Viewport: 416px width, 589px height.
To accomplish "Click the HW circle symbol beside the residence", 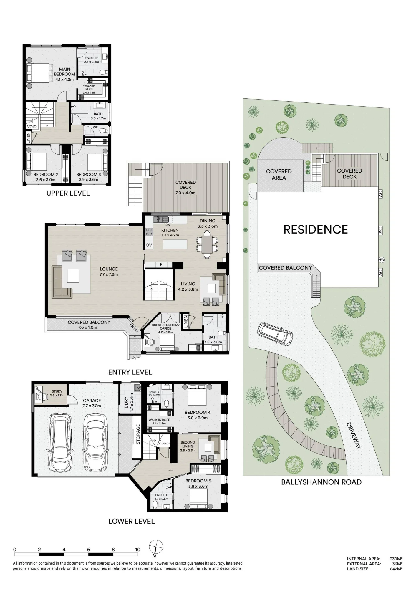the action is tap(382, 260).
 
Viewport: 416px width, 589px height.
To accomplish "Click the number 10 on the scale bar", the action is tap(137, 550).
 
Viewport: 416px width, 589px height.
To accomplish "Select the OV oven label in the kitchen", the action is tap(149, 245).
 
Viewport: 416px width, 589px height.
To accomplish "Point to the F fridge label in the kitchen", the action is tap(161, 264).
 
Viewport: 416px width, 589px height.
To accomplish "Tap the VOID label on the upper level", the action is tap(32, 127).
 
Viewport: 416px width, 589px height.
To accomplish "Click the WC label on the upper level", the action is tap(95, 127).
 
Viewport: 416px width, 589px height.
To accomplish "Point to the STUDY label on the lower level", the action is tap(57, 391).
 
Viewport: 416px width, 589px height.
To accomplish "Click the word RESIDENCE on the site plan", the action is tap(316, 229).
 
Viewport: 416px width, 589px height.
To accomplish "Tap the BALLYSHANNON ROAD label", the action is tap(321, 482).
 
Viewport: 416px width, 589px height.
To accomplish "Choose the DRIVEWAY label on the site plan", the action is tap(354, 436).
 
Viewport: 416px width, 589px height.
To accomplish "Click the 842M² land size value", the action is tap(396, 569).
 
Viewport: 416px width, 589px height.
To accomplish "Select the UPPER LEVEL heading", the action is tap(68, 193).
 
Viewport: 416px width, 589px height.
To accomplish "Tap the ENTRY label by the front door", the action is tap(134, 327).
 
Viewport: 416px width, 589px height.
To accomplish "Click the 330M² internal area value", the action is tap(396, 559).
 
